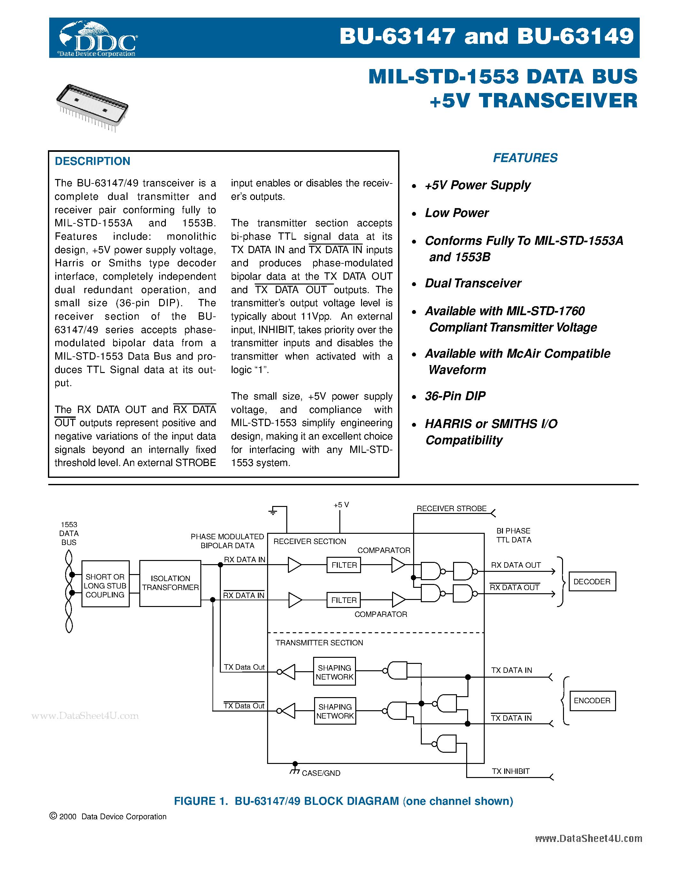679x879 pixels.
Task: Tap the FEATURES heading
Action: tap(525, 158)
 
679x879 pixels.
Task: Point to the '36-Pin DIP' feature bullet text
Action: tap(455, 396)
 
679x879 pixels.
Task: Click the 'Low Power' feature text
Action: tap(457, 213)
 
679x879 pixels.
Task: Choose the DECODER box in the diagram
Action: tap(592, 581)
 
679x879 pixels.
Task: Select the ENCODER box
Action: tap(592, 701)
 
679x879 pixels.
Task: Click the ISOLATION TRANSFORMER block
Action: tap(170, 583)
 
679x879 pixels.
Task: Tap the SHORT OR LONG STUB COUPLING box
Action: tap(105, 586)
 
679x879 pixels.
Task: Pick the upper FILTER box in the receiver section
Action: tap(344, 565)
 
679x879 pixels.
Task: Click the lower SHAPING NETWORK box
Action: tap(335, 711)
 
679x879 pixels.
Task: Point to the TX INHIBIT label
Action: tap(511, 771)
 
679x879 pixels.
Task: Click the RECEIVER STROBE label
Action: tap(451, 509)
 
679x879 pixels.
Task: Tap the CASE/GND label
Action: tap(320, 773)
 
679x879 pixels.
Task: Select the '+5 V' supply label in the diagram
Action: tap(341, 505)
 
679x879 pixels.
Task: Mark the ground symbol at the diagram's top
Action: tap(273, 511)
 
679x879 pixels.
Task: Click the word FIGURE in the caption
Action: tap(195, 801)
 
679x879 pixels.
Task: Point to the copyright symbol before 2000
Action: tap(53, 816)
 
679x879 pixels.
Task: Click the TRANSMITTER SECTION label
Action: tap(319, 643)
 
